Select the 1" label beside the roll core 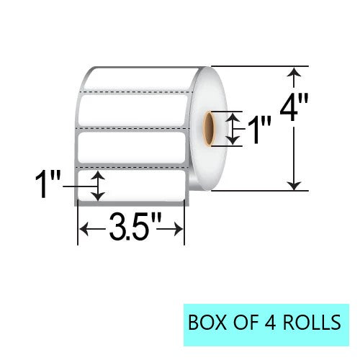(259, 130)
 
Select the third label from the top (130, 149)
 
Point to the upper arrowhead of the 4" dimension (294, 72)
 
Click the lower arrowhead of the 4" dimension (294, 186)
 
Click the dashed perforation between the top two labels (130, 93)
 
